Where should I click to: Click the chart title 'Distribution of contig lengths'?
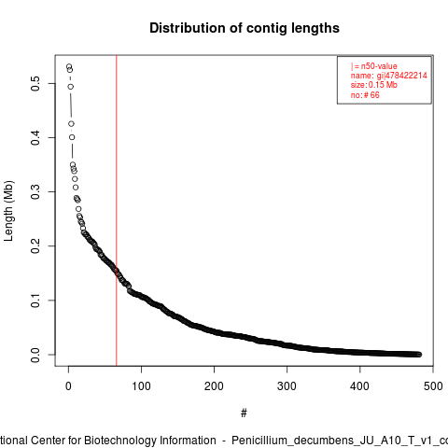[245, 28]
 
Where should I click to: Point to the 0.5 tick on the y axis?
[35, 83]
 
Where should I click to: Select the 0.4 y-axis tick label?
[35, 137]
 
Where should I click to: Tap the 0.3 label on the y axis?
[35, 191]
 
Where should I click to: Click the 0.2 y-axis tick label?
[35, 245]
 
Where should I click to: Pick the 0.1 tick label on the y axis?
[35, 301]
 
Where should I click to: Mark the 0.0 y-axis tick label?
[35, 355]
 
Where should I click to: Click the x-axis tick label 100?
[141, 386]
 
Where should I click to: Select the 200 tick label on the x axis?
[214, 386]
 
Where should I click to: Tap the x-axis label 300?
[287, 386]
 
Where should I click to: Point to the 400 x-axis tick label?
[359, 386]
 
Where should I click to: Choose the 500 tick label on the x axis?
[433, 386]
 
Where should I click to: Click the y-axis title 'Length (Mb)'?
[9, 211]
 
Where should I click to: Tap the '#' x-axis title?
[244, 413]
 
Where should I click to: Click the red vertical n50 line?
[117, 211]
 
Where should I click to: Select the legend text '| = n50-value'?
[374, 66]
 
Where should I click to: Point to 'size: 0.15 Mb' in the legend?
[374, 85]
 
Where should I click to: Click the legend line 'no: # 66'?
[365, 95]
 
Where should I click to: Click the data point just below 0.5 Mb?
[71, 87]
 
